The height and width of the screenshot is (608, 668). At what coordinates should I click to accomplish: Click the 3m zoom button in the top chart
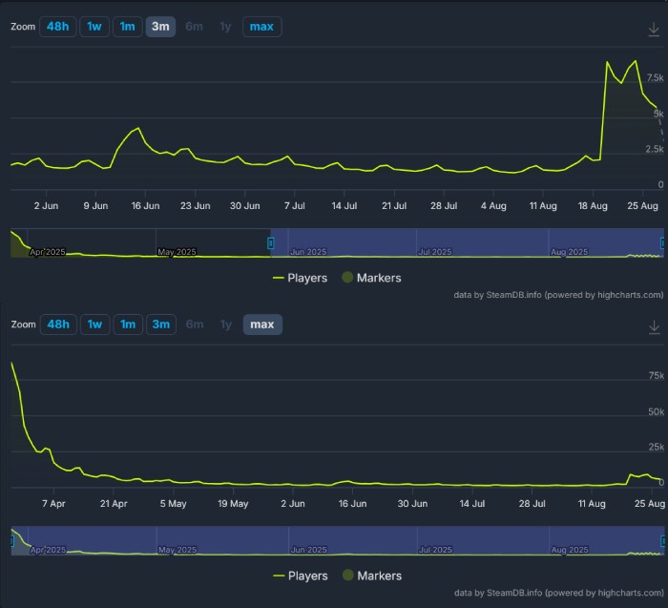pos(160,27)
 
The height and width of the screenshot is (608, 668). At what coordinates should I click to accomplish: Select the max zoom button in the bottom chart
pos(261,325)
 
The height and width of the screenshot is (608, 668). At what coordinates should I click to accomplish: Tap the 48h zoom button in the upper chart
pos(58,27)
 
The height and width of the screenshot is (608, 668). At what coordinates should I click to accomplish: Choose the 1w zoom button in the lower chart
pos(94,325)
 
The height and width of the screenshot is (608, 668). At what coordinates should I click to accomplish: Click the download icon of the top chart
pos(654,29)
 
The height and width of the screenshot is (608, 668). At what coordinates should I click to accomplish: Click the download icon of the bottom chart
pos(654,326)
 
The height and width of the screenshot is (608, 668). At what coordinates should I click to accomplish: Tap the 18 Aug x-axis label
pos(593,205)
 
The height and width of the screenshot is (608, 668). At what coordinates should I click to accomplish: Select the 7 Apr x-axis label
pos(53,503)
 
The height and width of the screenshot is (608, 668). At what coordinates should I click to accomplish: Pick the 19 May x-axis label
pos(233,503)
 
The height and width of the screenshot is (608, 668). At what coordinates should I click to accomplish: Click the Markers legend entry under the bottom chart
pos(372,576)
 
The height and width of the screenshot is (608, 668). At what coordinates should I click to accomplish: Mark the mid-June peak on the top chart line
pos(138,128)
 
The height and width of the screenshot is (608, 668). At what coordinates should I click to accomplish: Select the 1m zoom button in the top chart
pos(127,27)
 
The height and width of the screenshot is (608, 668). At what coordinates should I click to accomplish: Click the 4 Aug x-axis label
pos(493,205)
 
